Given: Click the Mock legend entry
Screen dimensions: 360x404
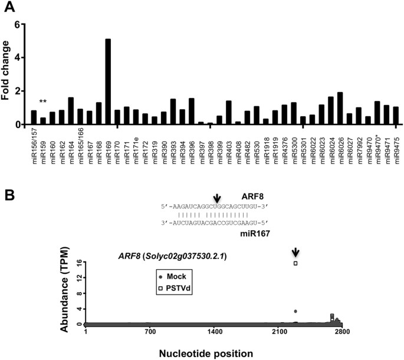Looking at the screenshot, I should (x=176, y=276).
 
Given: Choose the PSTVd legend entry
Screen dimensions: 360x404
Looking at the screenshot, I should (x=176, y=287).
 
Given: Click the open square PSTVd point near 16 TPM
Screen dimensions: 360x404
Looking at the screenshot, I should (x=295, y=263).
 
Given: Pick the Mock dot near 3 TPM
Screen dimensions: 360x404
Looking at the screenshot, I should (x=295, y=311).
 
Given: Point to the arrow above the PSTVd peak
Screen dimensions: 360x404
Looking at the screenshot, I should (x=295, y=252).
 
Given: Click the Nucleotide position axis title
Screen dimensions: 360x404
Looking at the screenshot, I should (x=210, y=352).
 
